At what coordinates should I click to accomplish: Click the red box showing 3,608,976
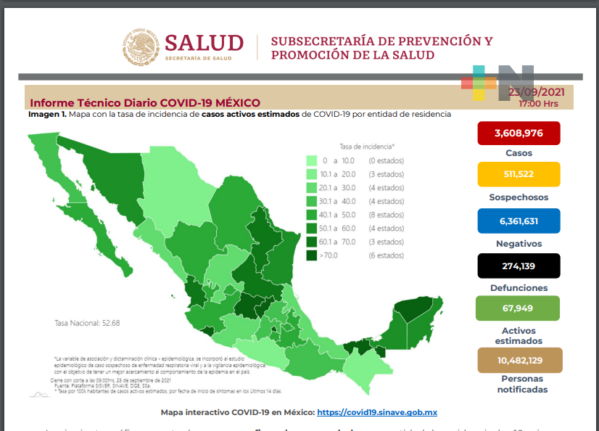(x=519, y=133)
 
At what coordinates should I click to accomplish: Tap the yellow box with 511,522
(x=519, y=175)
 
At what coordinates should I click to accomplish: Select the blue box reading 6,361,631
(x=519, y=221)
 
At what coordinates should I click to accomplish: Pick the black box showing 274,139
(x=519, y=266)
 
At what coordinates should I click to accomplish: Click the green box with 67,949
(x=519, y=308)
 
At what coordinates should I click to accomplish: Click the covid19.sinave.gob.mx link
(x=377, y=412)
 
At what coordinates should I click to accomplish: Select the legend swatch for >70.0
(x=311, y=255)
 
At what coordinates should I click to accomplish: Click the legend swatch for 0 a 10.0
(x=311, y=160)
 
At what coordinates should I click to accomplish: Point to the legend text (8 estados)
(x=386, y=215)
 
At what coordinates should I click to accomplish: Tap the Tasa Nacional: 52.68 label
(x=87, y=324)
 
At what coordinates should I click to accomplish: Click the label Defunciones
(x=519, y=288)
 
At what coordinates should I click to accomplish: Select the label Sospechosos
(x=519, y=197)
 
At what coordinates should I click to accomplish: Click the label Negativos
(x=519, y=244)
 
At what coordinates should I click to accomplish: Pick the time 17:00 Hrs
(x=538, y=104)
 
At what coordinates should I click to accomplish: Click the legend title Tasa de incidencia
(x=366, y=147)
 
